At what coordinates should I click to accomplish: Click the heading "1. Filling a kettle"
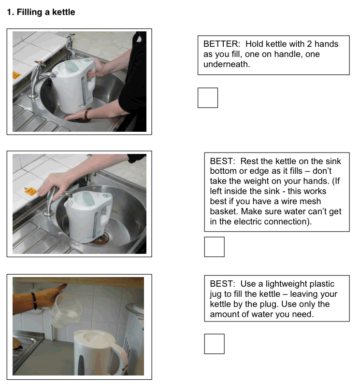click(x=41, y=12)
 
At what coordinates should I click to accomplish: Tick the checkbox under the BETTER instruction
click(x=208, y=98)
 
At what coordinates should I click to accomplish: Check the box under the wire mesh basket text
click(x=214, y=247)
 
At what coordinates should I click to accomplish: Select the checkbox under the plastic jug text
click(x=214, y=344)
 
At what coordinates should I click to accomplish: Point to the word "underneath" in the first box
click(x=227, y=64)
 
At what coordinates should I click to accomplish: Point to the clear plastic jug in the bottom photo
click(x=66, y=311)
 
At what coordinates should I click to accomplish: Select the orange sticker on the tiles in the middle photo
click(x=31, y=192)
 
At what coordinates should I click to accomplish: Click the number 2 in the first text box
click(x=310, y=44)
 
